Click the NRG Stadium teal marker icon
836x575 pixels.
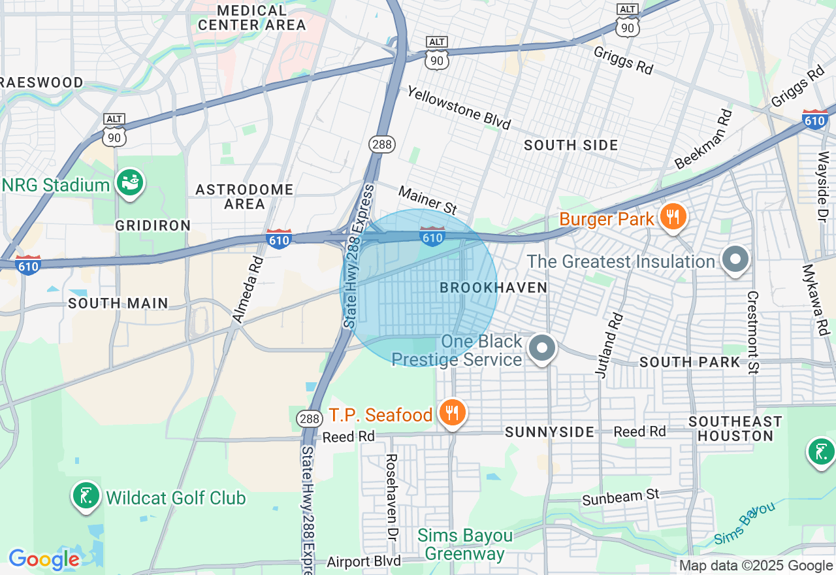click(x=129, y=184)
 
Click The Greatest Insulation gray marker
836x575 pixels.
click(x=735, y=259)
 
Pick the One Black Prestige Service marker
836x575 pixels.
click(x=541, y=348)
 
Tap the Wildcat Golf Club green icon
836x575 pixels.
click(x=86, y=497)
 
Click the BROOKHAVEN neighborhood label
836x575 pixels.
click(x=493, y=287)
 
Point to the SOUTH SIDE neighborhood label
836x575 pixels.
click(x=571, y=145)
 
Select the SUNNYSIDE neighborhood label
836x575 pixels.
click(x=549, y=432)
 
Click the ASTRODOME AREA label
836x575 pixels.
click(x=245, y=196)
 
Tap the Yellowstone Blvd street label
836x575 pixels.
click(x=458, y=108)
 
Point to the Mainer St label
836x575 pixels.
click(x=428, y=200)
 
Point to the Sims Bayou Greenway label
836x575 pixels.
click(x=465, y=545)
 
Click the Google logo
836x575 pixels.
click(x=44, y=559)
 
